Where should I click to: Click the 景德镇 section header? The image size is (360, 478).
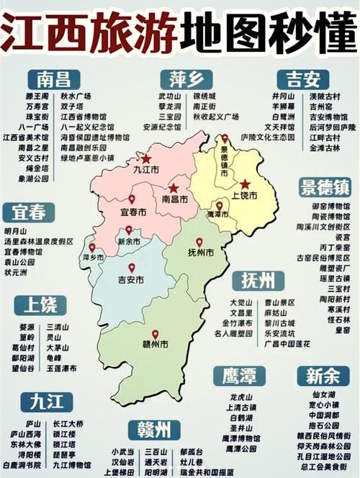(x=325, y=188)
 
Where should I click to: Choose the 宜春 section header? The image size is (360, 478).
(x=28, y=212)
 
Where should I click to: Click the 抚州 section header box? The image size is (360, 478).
(x=258, y=280)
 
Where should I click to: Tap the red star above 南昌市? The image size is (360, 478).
(x=174, y=188)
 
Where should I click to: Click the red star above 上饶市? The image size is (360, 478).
(x=245, y=184)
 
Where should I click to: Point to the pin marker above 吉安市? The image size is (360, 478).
(x=131, y=267)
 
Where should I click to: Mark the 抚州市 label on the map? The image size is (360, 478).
(x=199, y=253)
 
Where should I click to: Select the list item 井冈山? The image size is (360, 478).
(x=283, y=96)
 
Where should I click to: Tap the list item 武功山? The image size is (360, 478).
(x=170, y=96)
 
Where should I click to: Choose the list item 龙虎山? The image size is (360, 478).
(x=240, y=397)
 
